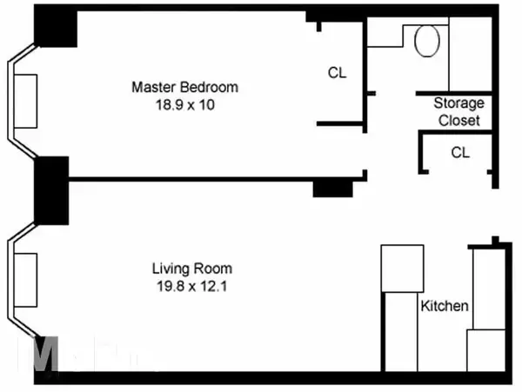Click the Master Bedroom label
[184, 88]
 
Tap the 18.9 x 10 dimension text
[184, 104]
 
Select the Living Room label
[192, 269]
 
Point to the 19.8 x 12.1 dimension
[192, 285]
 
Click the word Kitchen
[445, 306]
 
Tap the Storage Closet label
[458, 112]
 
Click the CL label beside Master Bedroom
[337, 73]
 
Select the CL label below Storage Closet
[460, 152]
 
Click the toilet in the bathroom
[427, 41]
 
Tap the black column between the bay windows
[51, 190]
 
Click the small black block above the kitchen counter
[495, 241]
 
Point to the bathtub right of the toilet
[471, 52]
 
